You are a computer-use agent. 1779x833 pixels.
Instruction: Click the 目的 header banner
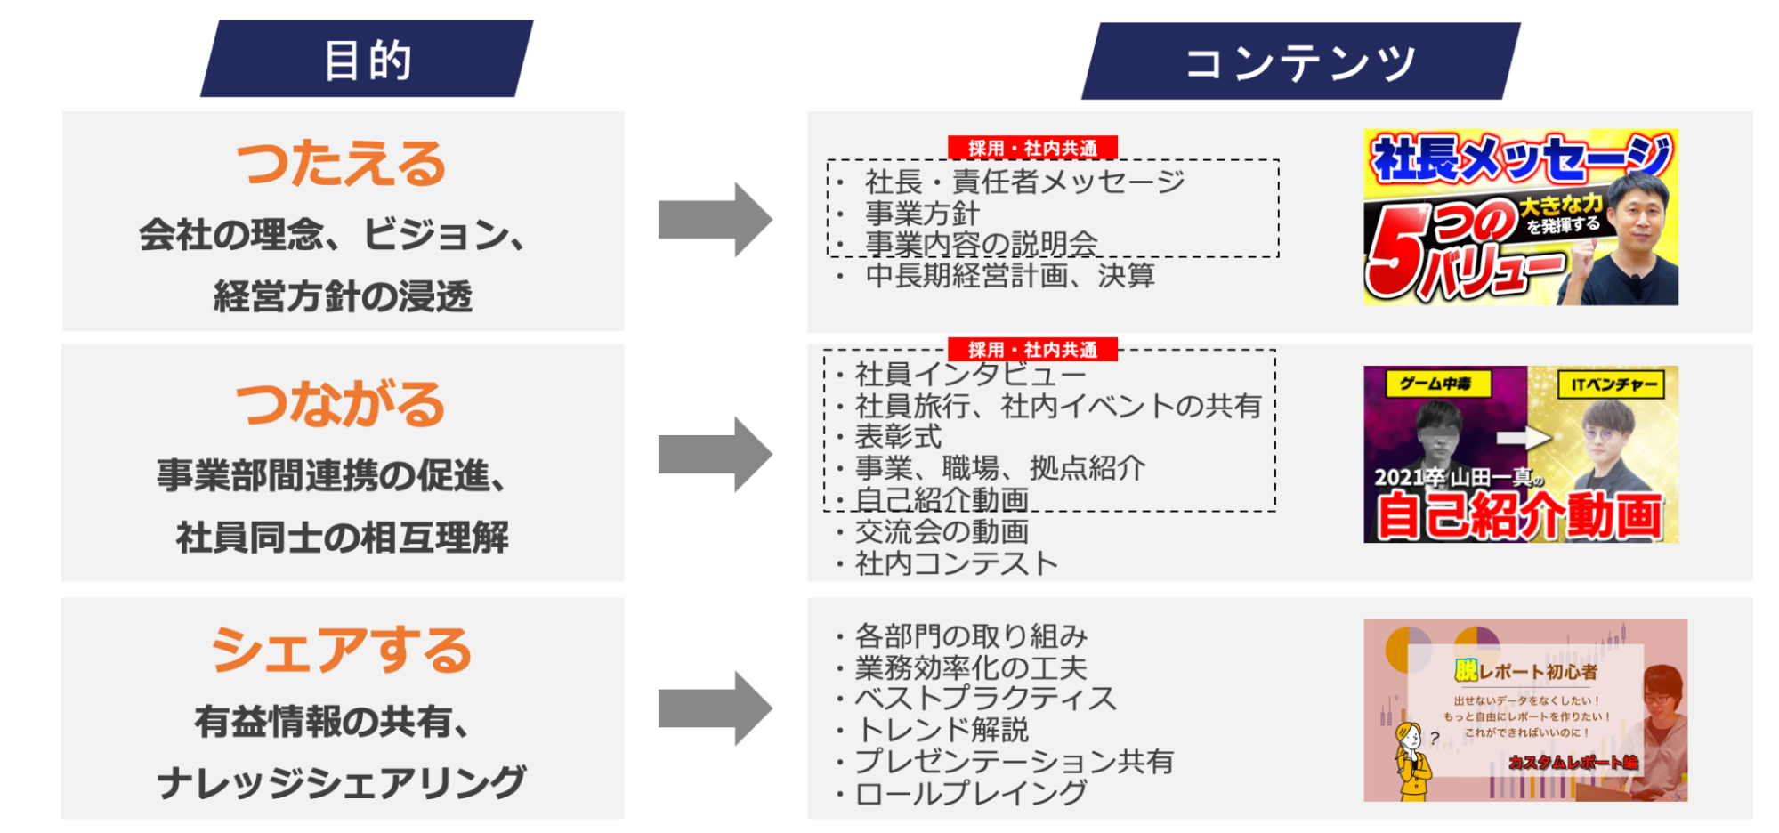coord(367,60)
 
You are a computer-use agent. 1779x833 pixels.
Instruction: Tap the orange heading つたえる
coord(342,164)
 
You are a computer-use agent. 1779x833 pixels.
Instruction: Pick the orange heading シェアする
coord(342,649)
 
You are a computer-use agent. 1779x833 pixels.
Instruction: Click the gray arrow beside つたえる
coord(714,220)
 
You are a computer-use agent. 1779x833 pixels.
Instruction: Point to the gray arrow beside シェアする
coord(714,708)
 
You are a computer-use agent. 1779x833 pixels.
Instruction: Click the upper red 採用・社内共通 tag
coord(1032,148)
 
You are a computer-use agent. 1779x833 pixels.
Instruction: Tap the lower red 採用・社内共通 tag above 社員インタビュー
coord(1032,349)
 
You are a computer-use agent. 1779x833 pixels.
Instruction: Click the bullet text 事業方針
coord(922,214)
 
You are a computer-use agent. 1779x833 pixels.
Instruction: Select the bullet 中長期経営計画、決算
coord(1009,276)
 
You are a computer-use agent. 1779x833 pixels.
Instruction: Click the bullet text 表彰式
coord(897,437)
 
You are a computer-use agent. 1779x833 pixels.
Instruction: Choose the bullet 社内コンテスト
coord(956,563)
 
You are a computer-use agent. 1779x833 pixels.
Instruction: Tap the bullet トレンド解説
coord(942,730)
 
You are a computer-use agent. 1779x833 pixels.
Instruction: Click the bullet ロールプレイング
coord(970,793)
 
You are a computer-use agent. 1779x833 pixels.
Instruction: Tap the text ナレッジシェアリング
coord(342,782)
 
